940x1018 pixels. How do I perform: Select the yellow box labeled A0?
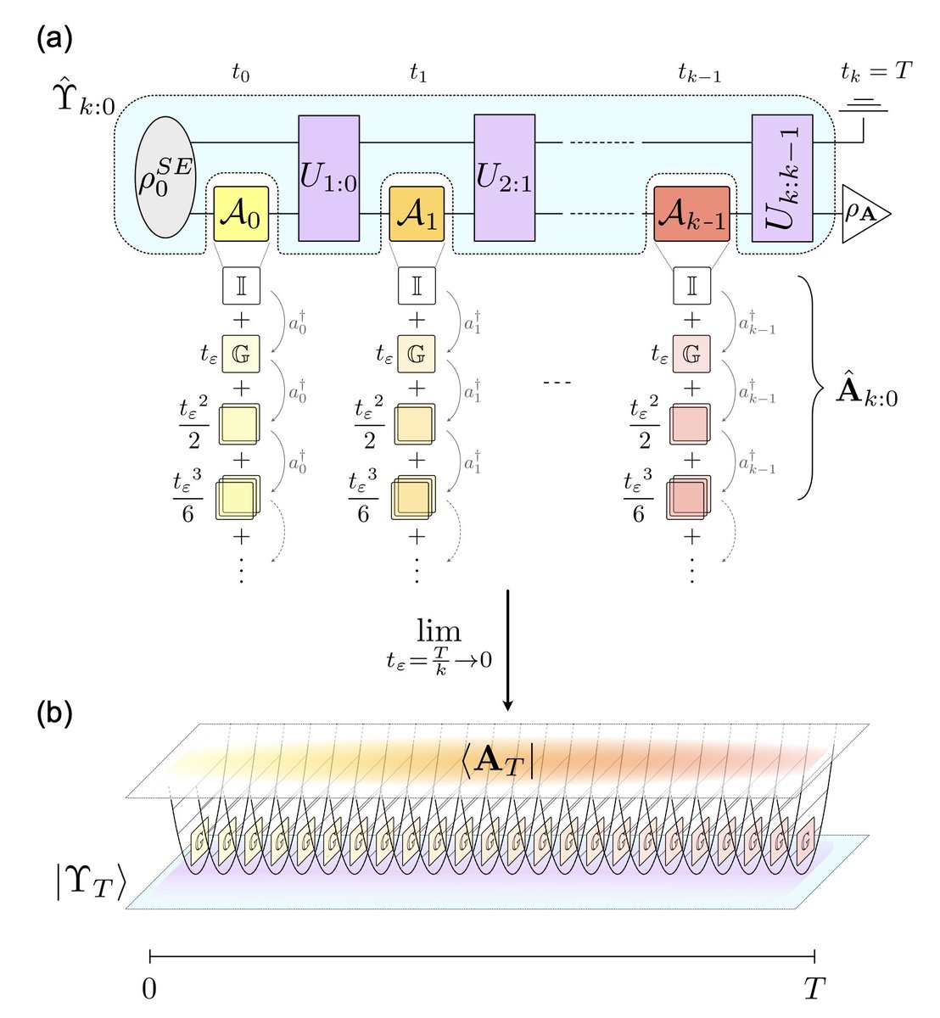tap(240, 215)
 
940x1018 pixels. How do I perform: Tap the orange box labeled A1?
tap(417, 215)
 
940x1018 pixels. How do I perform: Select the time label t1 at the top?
tap(417, 74)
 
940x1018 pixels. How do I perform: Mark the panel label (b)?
tap(54, 713)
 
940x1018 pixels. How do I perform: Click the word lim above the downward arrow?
tap(439, 630)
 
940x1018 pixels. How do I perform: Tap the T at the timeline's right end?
tap(814, 987)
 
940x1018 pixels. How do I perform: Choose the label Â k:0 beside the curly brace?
tap(867, 395)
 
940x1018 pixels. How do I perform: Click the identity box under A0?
tap(240, 285)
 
